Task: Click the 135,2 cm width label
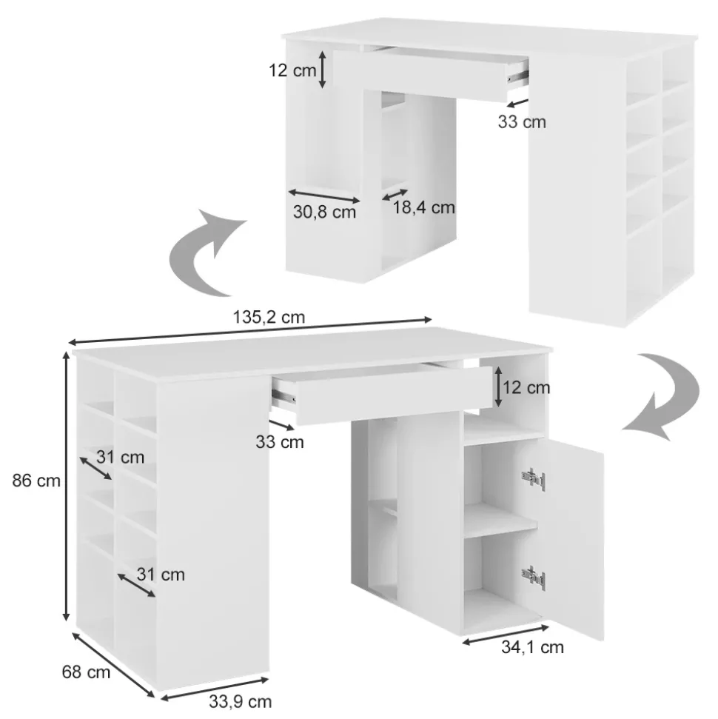coord(269,318)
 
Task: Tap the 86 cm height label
coord(36,481)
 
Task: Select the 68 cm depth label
coord(86,672)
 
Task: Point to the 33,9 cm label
coord(241,701)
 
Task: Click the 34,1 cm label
coord(532,647)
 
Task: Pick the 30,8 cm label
coord(324,212)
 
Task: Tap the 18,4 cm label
coord(423,207)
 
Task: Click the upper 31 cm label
coord(120,457)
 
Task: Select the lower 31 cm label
coord(161,575)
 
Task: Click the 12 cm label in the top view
coord(292,70)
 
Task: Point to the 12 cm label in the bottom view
coord(526,387)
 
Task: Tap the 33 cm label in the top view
coord(522,121)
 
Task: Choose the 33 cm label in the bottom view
coord(280,442)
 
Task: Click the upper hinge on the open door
coord(534,479)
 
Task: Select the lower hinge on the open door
coord(534,578)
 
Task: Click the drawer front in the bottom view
coord(393,395)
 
